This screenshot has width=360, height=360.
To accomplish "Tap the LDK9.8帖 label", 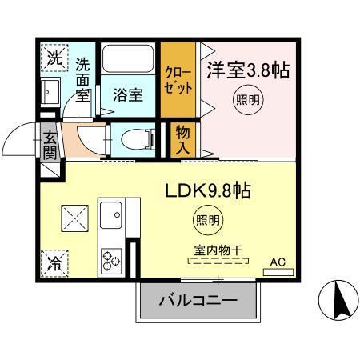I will pos(209,191).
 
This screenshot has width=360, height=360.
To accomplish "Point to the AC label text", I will pos(277,262).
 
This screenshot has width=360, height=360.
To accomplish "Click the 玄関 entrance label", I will pos(50,144).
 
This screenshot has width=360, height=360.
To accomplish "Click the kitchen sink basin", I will pos(110,214).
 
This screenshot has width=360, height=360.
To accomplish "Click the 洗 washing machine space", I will pos(53,58).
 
